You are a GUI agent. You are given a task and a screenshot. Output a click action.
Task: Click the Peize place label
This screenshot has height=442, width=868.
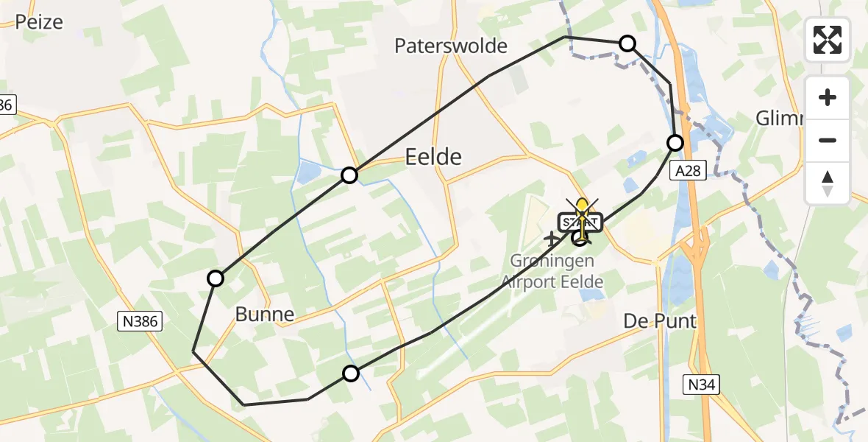pyautogui.click(x=38, y=21)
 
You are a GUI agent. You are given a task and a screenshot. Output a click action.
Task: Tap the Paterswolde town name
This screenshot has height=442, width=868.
pyautogui.click(x=451, y=46)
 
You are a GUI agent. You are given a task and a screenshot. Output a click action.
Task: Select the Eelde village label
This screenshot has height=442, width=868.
pyautogui.click(x=434, y=156)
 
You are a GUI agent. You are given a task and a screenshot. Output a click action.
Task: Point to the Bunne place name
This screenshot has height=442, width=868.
pyautogui.click(x=264, y=315)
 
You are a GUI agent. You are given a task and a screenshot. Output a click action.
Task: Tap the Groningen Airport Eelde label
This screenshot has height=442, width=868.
pyautogui.click(x=552, y=271)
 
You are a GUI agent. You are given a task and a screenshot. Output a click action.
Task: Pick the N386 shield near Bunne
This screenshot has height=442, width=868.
pyautogui.click(x=139, y=320)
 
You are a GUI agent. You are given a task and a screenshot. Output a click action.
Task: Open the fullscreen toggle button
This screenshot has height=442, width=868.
pyautogui.click(x=828, y=40)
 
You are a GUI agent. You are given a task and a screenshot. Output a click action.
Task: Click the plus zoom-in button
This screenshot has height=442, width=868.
pyautogui.click(x=828, y=97)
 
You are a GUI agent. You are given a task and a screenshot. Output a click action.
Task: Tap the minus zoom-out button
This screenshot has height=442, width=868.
pyautogui.click(x=828, y=140)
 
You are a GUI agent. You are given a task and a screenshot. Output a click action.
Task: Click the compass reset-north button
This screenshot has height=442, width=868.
pyautogui.click(x=828, y=183)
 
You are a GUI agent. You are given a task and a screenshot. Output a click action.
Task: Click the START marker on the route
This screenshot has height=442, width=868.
pyautogui.click(x=582, y=222)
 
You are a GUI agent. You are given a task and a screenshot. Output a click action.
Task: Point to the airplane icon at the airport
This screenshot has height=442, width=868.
pyautogui.click(x=551, y=239)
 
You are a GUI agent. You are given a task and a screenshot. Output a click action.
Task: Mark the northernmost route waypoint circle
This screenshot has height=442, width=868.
pyautogui.click(x=627, y=43)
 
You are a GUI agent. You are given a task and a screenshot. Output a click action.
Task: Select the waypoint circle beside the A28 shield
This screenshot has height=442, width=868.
pyautogui.click(x=675, y=143)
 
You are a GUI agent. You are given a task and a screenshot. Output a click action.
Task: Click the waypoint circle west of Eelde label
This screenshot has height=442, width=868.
pyautogui.click(x=349, y=175)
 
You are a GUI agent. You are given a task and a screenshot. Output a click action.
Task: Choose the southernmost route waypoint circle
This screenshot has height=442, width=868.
pyautogui.click(x=351, y=373)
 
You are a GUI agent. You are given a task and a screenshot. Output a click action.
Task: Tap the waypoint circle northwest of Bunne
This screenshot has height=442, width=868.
pyautogui.click(x=216, y=278)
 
